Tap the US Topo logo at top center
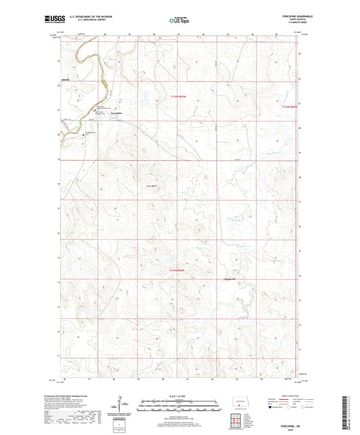tap(179, 21)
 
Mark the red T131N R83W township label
tap(177, 271)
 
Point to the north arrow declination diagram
tap(122, 408)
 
